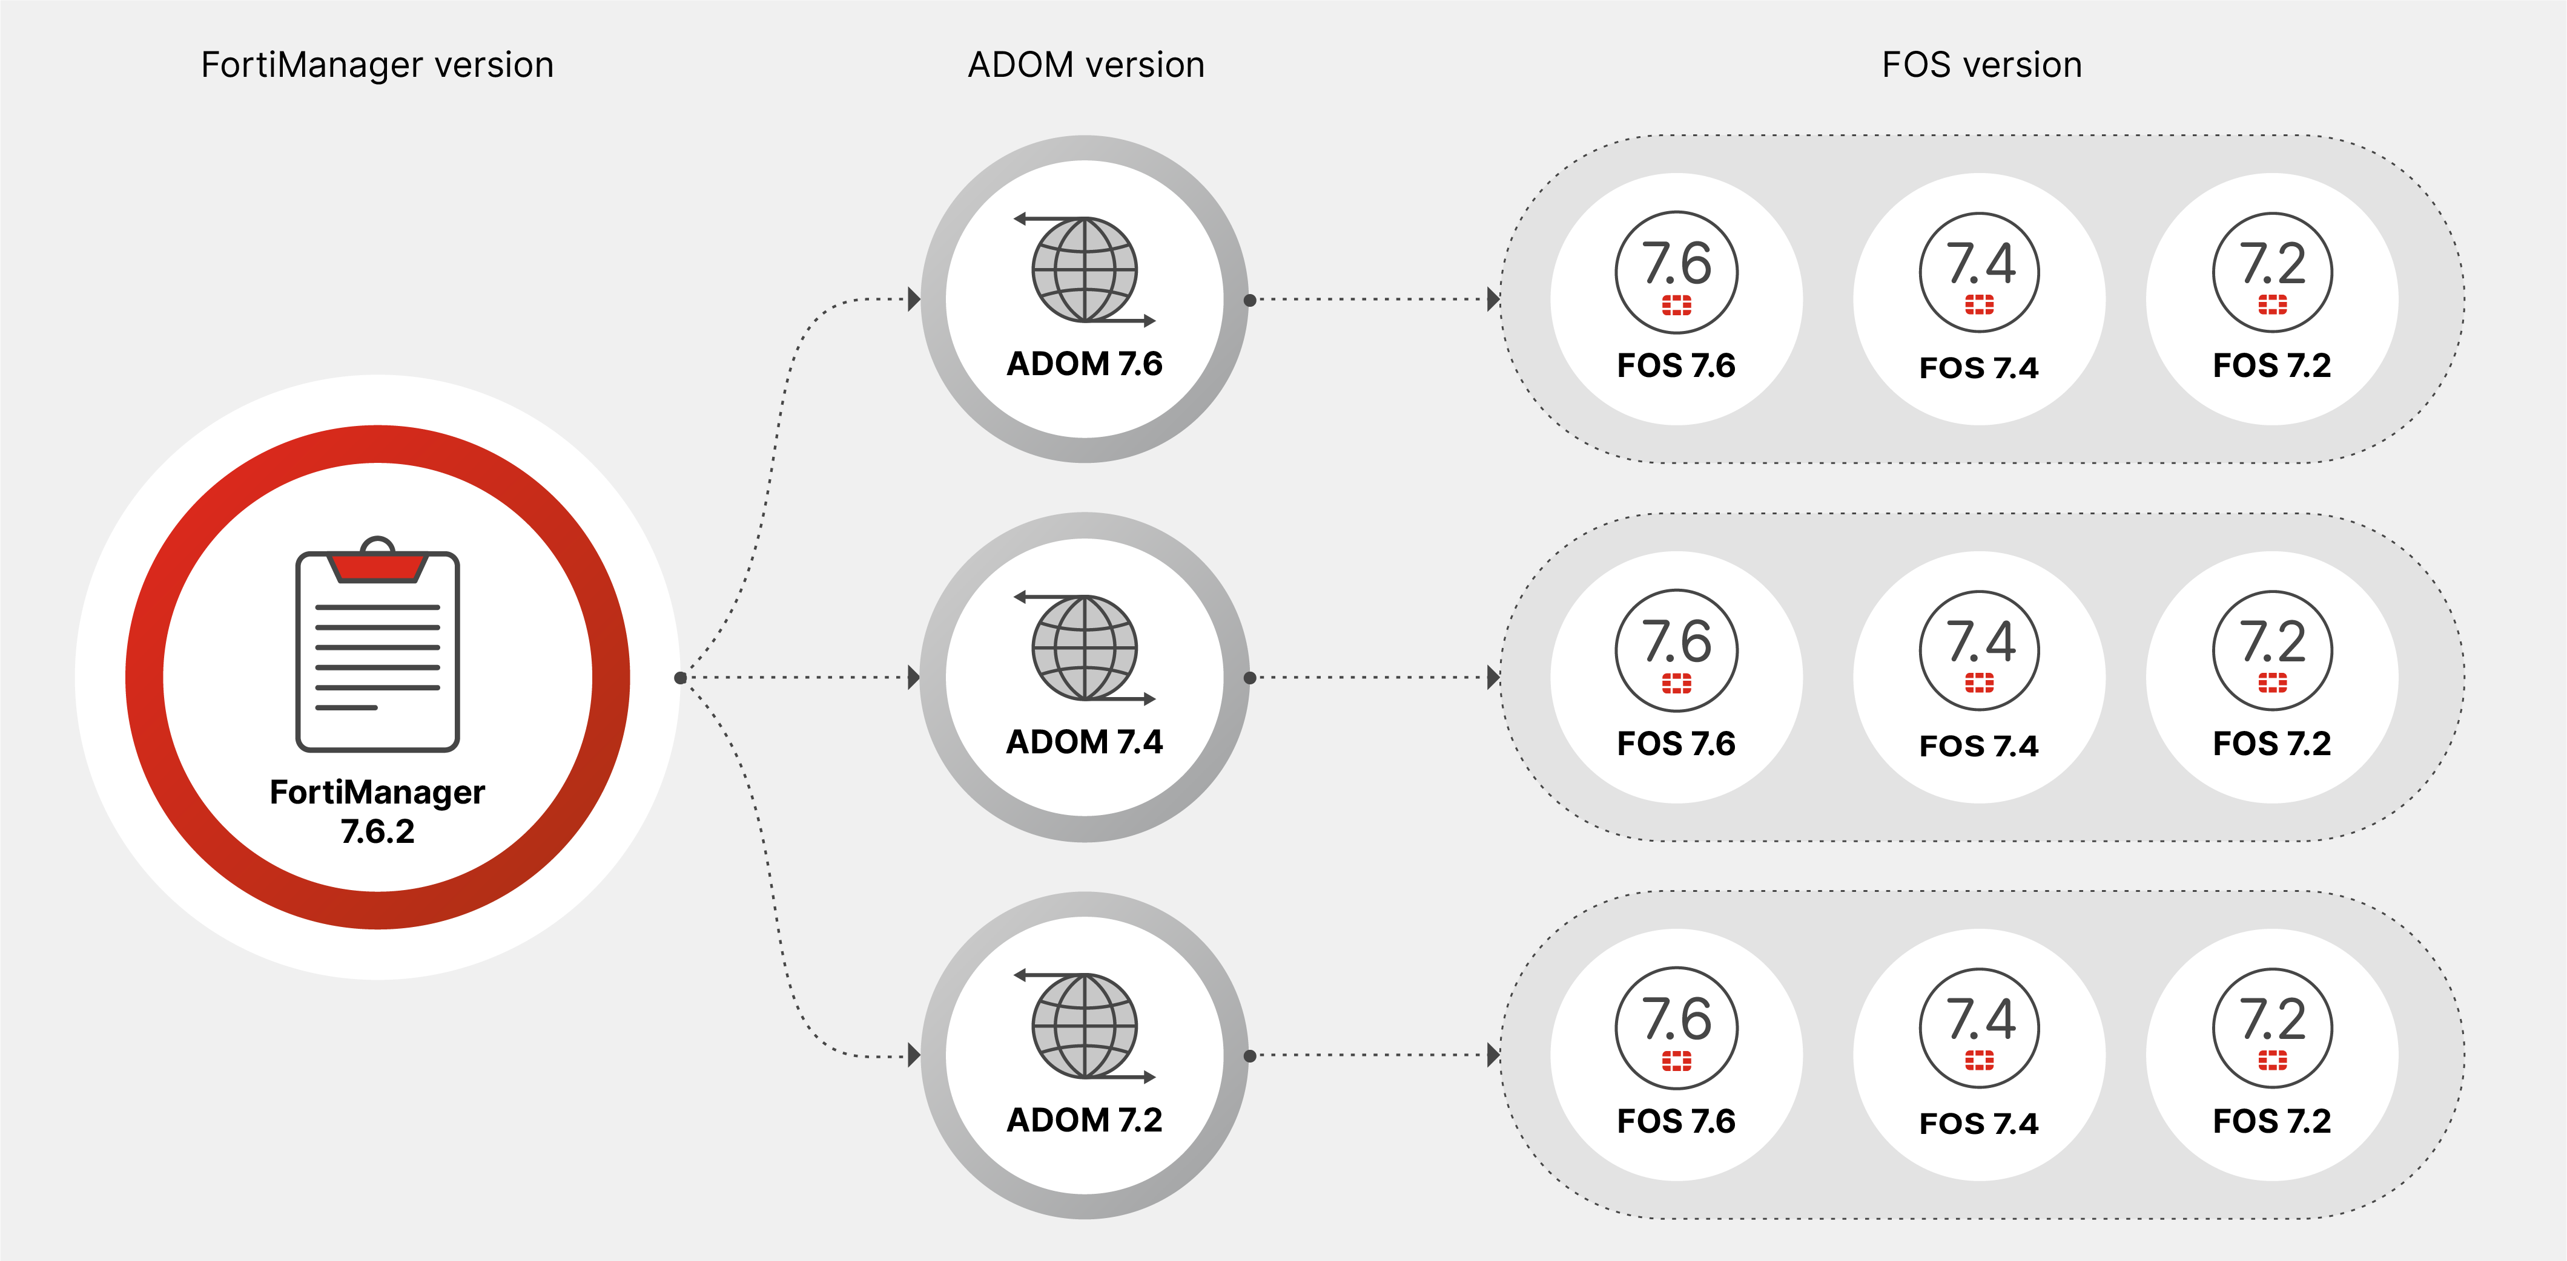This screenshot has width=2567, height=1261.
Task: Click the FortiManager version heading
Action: pyautogui.click(x=377, y=65)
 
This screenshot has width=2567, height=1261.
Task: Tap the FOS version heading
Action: pyautogui.click(x=1981, y=65)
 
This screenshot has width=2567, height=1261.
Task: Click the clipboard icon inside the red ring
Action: pyautogui.click(x=378, y=647)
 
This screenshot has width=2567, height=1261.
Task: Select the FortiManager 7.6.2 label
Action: pyautogui.click(x=378, y=811)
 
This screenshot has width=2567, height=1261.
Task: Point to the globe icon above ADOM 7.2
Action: pyautogui.click(x=1084, y=1026)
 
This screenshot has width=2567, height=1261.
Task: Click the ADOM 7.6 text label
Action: pyautogui.click(x=1084, y=364)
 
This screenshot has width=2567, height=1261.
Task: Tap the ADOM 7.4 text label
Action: pyautogui.click(x=1084, y=742)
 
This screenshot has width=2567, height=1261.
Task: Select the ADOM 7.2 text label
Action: pyautogui.click(x=1084, y=1119)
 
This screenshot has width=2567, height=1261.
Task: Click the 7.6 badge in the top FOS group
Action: pyautogui.click(x=1676, y=271)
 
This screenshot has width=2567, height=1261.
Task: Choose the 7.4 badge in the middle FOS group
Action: pyautogui.click(x=1979, y=649)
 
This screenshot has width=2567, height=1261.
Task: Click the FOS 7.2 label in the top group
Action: pyautogui.click(x=2272, y=365)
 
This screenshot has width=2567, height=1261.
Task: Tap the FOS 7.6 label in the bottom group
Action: pyautogui.click(x=1676, y=1122)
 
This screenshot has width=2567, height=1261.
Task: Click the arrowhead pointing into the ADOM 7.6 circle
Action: pyautogui.click(x=914, y=299)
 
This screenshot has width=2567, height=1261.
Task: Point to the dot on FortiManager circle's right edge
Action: pyautogui.click(x=681, y=677)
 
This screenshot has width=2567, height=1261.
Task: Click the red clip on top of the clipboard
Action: pyautogui.click(x=378, y=566)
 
